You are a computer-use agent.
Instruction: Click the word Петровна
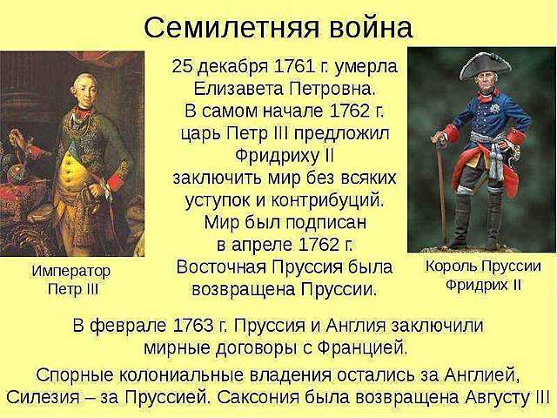point(332,89)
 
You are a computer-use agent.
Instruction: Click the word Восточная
point(229,266)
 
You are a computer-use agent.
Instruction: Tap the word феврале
point(129,326)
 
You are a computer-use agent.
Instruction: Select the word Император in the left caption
point(71,271)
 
